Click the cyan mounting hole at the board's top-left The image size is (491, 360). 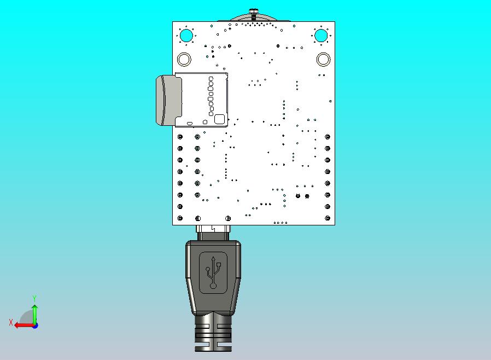[186, 36]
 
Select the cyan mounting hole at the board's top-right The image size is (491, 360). [321, 36]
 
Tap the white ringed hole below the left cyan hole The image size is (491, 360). [184, 59]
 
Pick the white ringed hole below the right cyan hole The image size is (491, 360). [323, 59]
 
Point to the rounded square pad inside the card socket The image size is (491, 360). [219, 119]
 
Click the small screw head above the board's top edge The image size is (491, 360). [253, 11]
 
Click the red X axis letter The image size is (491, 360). [11, 322]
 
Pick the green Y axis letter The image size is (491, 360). [34, 298]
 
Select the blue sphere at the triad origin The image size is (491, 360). [35, 325]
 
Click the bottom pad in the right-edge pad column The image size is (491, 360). [328, 218]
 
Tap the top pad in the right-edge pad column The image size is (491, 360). [328, 136]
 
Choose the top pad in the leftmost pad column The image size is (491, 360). [180, 136]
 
